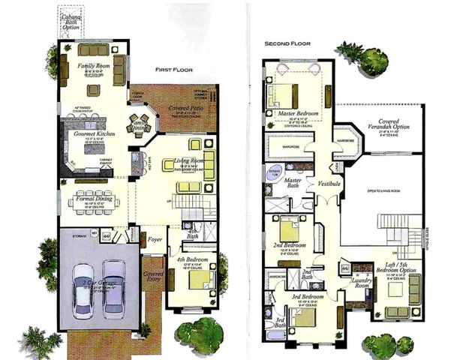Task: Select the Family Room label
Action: [95, 66]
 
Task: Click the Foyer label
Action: [155, 241]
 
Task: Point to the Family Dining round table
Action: [140, 121]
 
